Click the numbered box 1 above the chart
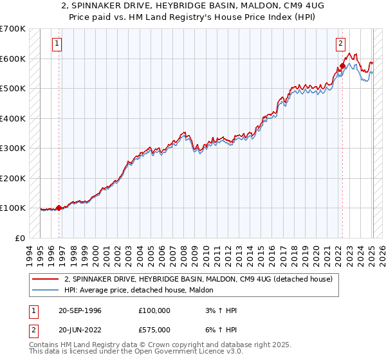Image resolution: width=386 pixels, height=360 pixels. (x=58, y=44)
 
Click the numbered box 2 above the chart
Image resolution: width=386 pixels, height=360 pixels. (x=340, y=44)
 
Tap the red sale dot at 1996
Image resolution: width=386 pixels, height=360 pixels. (x=59, y=208)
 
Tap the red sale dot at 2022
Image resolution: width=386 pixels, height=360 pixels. (x=343, y=66)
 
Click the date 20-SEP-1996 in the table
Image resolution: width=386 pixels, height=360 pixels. (x=78, y=310)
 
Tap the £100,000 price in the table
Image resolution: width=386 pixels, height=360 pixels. (x=154, y=310)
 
